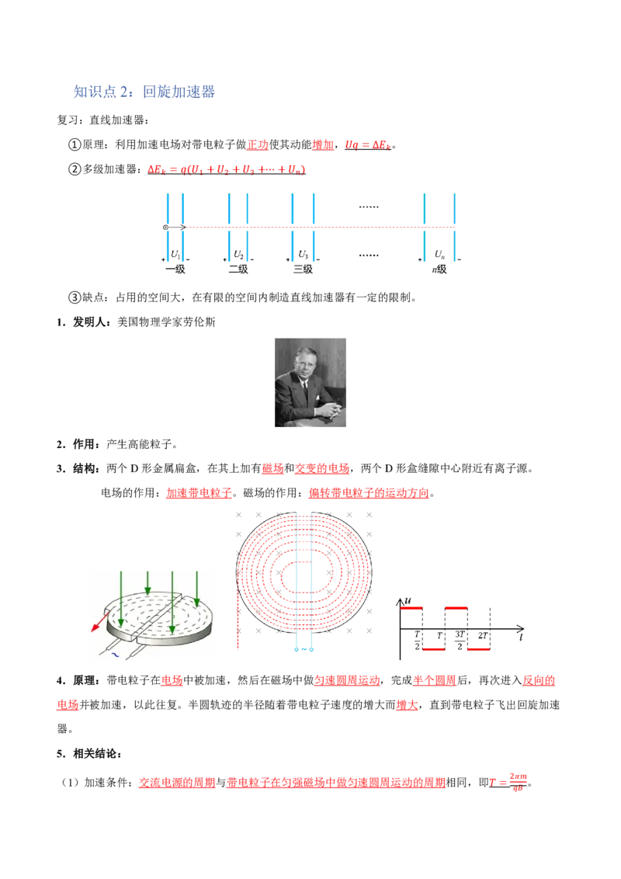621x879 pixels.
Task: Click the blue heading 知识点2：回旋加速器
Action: tap(144, 92)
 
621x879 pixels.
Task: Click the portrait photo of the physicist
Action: tap(310, 382)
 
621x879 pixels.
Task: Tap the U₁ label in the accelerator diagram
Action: tap(175, 255)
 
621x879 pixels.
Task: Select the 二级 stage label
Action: tap(238, 269)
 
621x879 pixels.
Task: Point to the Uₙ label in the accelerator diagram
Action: tap(439, 255)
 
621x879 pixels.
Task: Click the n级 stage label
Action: tap(439, 269)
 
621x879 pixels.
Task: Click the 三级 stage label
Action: tap(303, 269)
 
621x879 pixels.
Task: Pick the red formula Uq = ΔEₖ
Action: tap(368, 144)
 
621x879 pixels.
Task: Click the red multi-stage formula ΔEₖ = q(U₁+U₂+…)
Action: tap(227, 169)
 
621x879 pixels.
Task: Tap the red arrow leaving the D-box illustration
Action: tap(100, 622)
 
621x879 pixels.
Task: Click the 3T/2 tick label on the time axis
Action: tap(460, 640)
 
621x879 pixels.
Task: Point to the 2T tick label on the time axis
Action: tap(483, 636)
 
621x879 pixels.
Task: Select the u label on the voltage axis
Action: tap(408, 600)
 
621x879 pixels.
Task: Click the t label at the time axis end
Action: tap(521, 638)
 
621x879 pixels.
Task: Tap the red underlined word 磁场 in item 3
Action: tap(273, 468)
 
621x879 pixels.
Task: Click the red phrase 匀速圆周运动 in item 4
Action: tap(347, 680)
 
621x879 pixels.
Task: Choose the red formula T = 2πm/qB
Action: tap(508, 781)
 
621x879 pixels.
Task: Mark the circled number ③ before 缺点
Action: tap(75, 297)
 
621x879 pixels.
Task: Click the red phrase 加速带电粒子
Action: tap(199, 493)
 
